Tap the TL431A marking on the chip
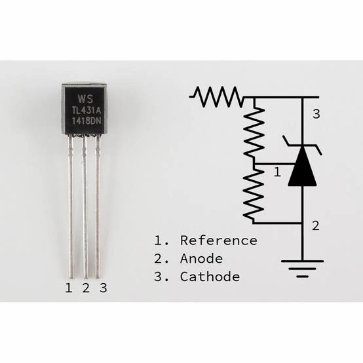pos(84,109)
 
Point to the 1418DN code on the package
pos(84,121)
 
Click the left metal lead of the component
pos(69,210)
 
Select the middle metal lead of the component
pos(84,210)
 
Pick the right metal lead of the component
pos(98,210)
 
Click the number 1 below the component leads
pos(68,288)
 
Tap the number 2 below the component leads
pos(85,288)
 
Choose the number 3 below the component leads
pos(102,288)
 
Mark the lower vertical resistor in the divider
pos(254,193)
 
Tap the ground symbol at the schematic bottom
pos(302,267)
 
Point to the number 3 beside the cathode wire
pos(316,115)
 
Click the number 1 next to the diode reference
pos(277,172)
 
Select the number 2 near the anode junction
pos(316,226)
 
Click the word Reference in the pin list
pos(218,240)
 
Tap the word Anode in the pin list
pos(201,258)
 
